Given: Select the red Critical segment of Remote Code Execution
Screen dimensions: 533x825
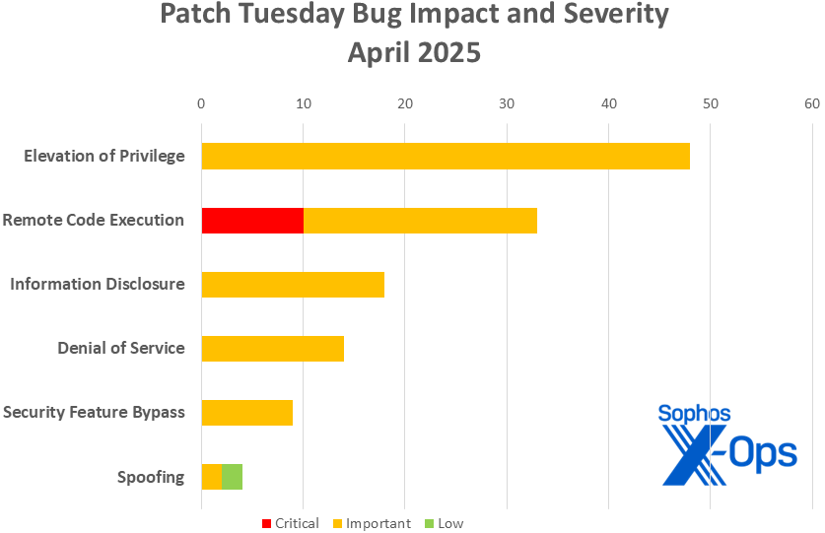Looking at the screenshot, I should tap(252, 221).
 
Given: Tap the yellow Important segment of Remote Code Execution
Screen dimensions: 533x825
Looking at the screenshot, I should tap(420, 221).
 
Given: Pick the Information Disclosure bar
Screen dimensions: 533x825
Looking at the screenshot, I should tap(293, 285).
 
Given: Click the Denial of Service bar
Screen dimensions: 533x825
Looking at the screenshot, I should tap(273, 348).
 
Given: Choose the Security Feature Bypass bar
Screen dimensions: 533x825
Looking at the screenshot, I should tap(247, 413).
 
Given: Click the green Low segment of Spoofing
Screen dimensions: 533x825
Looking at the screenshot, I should tap(233, 477).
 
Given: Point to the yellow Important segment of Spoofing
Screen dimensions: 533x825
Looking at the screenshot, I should tap(212, 477).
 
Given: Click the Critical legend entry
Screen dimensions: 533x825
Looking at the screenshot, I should tap(290, 523).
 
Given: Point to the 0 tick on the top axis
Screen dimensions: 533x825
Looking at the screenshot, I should tap(201, 103).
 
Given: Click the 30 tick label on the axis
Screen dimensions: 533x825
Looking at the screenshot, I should tap(507, 103).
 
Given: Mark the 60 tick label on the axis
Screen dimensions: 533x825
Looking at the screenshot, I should tap(812, 103).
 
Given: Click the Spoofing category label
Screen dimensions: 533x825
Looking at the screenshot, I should tap(151, 478).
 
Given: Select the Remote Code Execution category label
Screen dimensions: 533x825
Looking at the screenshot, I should tap(94, 221).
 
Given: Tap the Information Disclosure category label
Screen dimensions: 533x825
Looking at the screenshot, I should tap(98, 285).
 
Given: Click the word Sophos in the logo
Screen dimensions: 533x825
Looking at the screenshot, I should tap(694, 414).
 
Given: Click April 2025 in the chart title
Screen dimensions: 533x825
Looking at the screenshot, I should tap(414, 51).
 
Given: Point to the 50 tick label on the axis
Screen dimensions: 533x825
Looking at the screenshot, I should tap(710, 103).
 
